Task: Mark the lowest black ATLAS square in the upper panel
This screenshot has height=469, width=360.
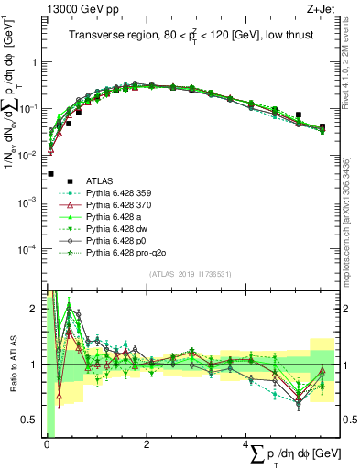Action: pyautogui.click(x=50, y=173)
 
